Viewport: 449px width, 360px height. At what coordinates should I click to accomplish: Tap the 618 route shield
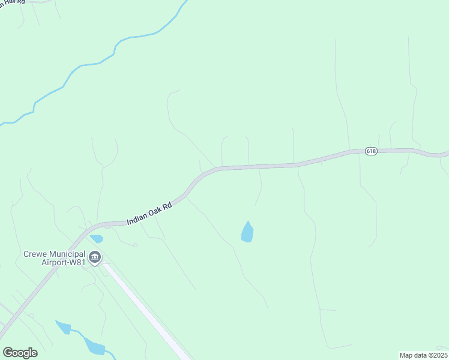(x=371, y=151)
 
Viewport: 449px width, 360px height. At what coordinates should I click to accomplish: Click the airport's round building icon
(x=95, y=258)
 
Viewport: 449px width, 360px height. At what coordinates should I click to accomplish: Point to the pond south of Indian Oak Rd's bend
(x=247, y=232)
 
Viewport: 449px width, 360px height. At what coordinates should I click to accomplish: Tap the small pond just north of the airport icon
(x=97, y=239)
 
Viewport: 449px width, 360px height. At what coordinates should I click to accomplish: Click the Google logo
(x=20, y=353)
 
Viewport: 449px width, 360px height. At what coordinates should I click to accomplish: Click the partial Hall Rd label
(x=12, y=2)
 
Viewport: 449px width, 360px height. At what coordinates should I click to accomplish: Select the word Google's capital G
(x=8, y=352)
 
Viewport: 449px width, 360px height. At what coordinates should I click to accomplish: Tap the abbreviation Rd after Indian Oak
(x=167, y=206)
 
